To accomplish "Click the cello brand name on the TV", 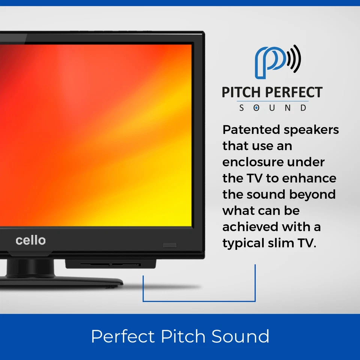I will click(31, 240).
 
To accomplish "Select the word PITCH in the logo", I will click(240, 93).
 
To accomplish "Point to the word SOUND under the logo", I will click(273, 108).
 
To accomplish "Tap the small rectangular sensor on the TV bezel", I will click(170, 245).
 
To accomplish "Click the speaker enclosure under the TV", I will click(111, 264).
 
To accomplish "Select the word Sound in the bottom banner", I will click(240, 336).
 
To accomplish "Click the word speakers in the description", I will click(311, 130).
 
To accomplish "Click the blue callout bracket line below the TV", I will click(199, 301).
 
